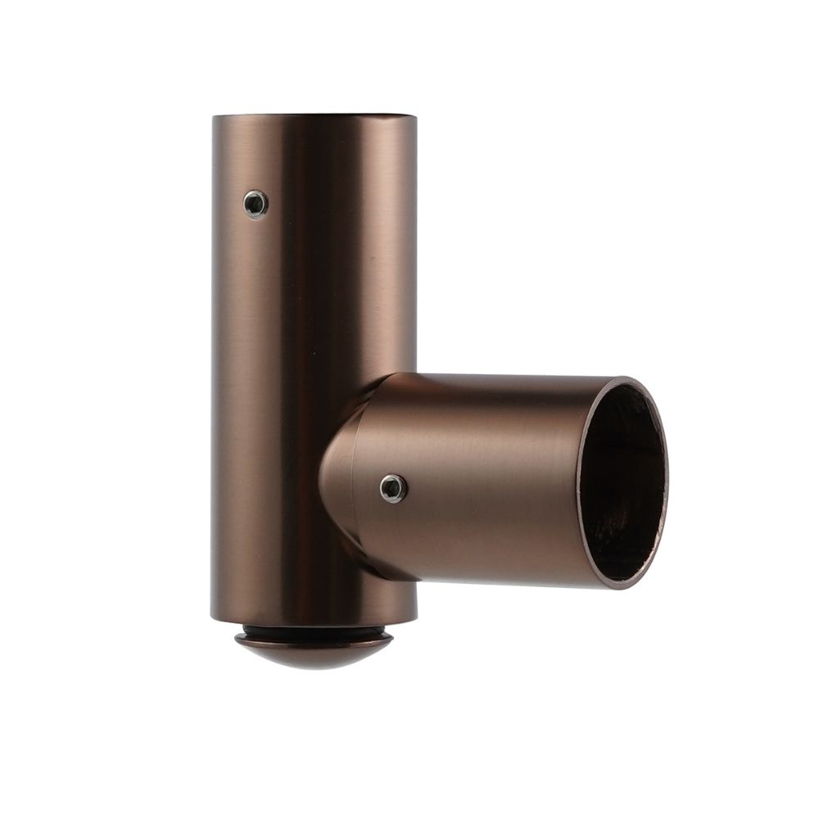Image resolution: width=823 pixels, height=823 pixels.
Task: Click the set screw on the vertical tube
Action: tap(256, 203)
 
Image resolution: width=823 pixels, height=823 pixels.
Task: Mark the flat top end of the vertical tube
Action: tap(314, 115)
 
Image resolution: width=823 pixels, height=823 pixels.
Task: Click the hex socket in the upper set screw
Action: tap(256, 203)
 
